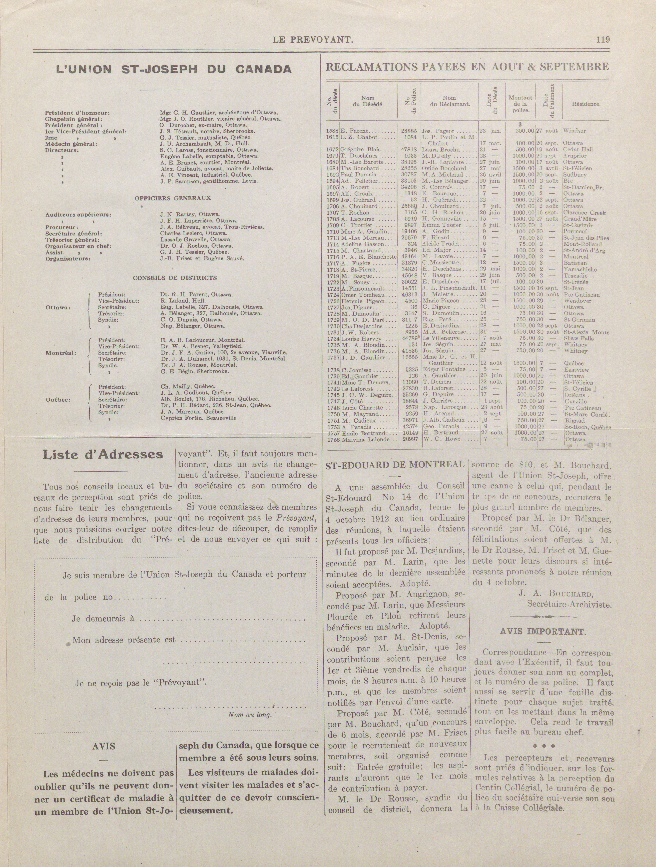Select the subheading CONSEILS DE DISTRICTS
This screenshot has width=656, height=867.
pyautogui.click(x=175, y=278)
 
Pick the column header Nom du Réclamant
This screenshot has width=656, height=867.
pyautogui.click(x=449, y=101)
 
